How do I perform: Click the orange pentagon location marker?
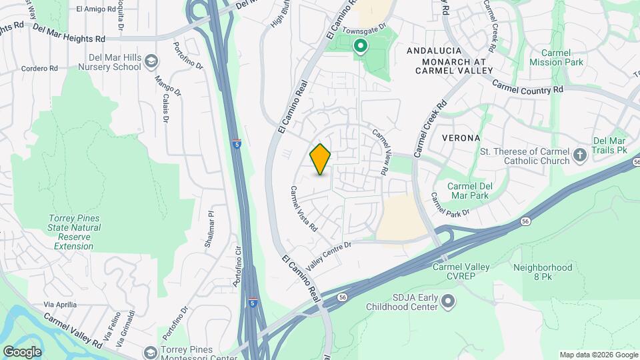pyautogui.click(x=321, y=159)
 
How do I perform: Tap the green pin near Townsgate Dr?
pyautogui.click(x=361, y=46)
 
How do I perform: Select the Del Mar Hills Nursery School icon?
pyautogui.click(x=151, y=62)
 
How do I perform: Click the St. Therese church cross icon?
pyautogui.click(x=580, y=156)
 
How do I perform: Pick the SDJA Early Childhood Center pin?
pyautogui.click(x=449, y=301)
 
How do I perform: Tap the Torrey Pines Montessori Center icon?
pyautogui.click(x=151, y=352)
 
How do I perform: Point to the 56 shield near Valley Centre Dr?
pyautogui.click(x=343, y=297)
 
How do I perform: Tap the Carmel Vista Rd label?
pyautogui.click(x=303, y=209)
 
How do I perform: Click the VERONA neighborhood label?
pyautogui.click(x=461, y=138)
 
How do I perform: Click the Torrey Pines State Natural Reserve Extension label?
pyautogui.click(x=75, y=232)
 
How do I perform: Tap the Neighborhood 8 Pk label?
pyautogui.click(x=543, y=272)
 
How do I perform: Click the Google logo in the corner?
pyautogui.click(x=21, y=352)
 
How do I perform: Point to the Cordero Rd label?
pyautogui.click(x=39, y=68)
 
